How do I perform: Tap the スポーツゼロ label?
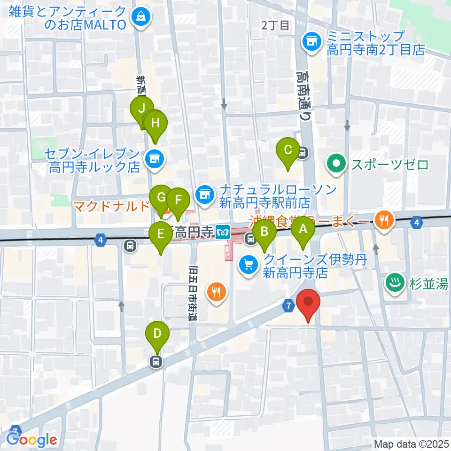(389, 165)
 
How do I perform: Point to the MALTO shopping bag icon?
(140, 18)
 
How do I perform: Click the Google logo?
(32, 439)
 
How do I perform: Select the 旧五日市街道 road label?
(193, 294)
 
